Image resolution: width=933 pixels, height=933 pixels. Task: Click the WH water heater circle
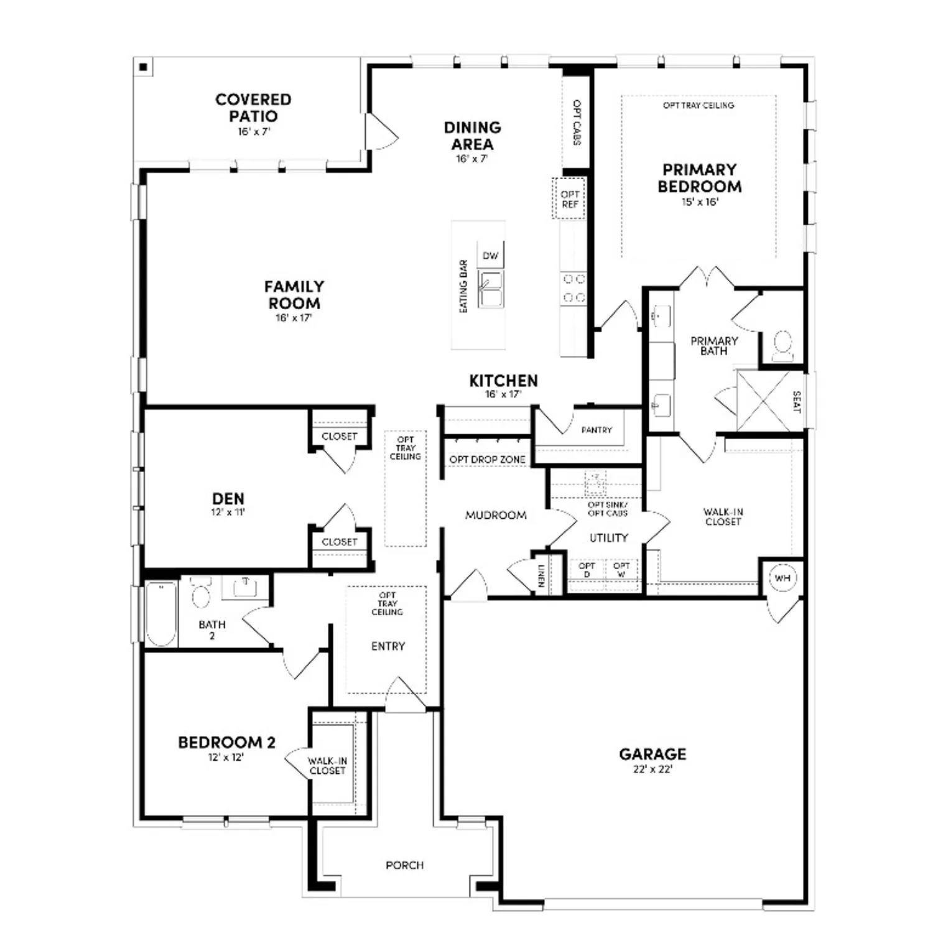pos(782,578)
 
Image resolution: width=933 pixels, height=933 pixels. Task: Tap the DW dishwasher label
pos(490,256)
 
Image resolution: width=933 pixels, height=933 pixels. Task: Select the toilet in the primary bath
pos(782,346)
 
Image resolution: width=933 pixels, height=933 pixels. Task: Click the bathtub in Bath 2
pos(161,615)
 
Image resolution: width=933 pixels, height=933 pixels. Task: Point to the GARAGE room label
pos(652,754)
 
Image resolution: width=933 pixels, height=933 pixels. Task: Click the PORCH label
pos(404,865)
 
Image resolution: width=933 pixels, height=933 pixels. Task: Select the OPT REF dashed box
pos(569,199)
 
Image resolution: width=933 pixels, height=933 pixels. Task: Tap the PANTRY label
pos(596,430)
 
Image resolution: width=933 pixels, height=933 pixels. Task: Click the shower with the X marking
pos(763,401)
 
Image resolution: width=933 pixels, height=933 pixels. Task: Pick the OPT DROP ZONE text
pos(487,460)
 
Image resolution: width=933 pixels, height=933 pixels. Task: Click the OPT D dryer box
pos(587,570)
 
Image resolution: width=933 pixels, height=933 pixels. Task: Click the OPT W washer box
pos(621,570)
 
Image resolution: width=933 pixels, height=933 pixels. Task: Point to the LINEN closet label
pos(541,576)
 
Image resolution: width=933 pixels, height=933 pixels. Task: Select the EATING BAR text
pos(463,286)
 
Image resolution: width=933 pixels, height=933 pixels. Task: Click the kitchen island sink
pos(491,289)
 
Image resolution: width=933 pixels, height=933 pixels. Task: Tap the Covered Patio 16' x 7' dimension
pos(254,132)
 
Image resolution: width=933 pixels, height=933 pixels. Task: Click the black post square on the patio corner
pos(144,67)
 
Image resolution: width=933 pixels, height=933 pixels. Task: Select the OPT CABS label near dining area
pos(577,123)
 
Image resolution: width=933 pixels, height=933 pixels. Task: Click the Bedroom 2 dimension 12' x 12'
pos(226,758)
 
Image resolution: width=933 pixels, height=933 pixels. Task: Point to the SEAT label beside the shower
pos(797,402)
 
